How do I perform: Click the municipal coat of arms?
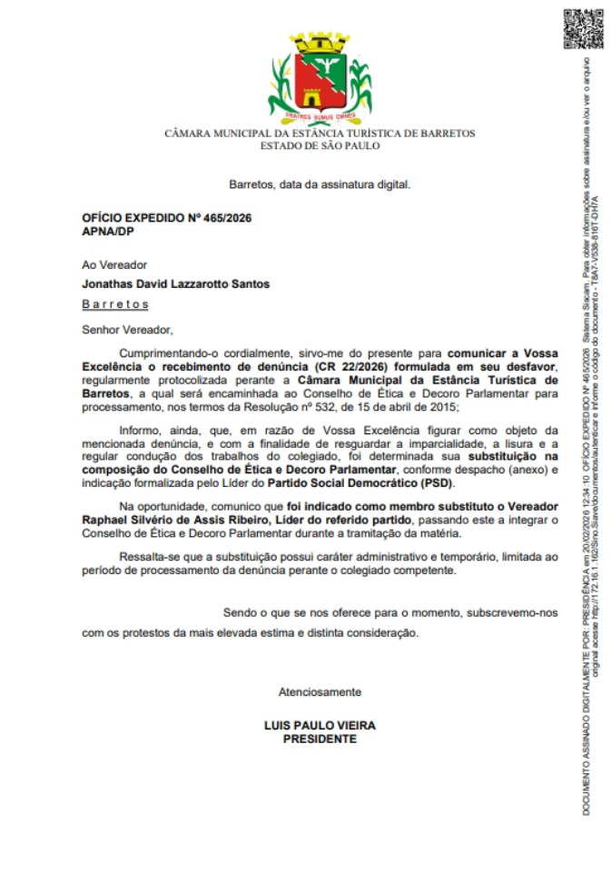pyautogui.click(x=319, y=78)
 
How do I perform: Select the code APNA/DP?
pyautogui.click(x=106, y=232)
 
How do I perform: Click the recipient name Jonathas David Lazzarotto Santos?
pyautogui.click(x=175, y=283)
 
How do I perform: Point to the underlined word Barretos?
pyautogui.click(x=114, y=304)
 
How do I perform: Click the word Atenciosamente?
pyautogui.click(x=319, y=691)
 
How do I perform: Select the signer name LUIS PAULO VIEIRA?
pyautogui.click(x=319, y=726)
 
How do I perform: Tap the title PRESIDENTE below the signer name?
pyautogui.click(x=320, y=739)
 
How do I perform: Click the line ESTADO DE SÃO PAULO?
pyautogui.click(x=320, y=145)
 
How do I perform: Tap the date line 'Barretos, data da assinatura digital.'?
pyautogui.click(x=320, y=184)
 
